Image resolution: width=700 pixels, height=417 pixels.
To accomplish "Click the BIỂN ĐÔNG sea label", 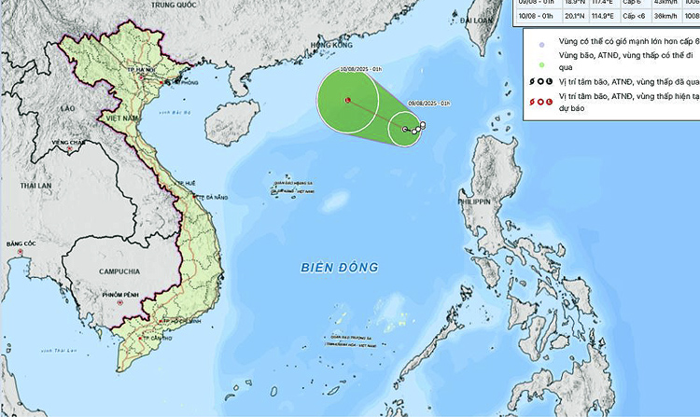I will coord(340,268).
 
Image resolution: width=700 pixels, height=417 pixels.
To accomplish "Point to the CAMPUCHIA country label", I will coord(119,271).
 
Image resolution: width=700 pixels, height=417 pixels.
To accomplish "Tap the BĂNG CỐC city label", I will coord(21,243).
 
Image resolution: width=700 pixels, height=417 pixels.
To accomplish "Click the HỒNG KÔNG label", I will coord(331,45).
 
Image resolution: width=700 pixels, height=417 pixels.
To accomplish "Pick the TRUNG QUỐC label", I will coord(176,5).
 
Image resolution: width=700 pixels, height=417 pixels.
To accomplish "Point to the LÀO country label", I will coord(66,109).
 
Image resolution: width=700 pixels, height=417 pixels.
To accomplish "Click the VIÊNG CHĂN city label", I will coord(68,142).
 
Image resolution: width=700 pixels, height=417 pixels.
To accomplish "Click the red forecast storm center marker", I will coord(347,100).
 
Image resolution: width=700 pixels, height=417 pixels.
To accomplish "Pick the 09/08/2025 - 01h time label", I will coord(430,103).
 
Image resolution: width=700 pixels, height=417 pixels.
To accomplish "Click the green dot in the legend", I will coord(529,63).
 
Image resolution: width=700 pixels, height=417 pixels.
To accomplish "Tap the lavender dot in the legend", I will coord(529,43).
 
